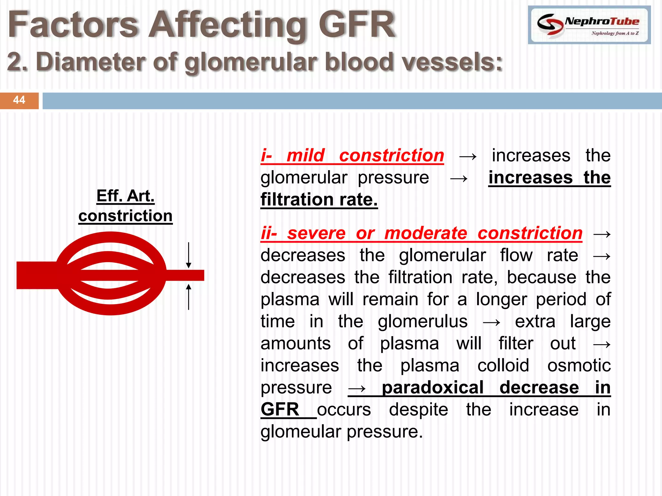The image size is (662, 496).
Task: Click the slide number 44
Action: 19,100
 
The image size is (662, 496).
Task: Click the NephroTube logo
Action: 589,25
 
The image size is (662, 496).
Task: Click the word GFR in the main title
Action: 357,25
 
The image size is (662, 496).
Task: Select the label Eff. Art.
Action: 125,196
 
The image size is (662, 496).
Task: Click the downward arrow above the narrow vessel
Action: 188,255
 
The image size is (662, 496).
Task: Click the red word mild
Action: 305,155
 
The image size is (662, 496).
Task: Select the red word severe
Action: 316,233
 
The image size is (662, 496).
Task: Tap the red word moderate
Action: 426,233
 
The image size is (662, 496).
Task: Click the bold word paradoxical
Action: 432,387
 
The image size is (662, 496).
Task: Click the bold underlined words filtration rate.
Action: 319,199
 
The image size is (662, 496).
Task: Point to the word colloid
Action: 503,365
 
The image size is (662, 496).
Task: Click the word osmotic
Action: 579,365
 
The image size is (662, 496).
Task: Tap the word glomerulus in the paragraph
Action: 422,321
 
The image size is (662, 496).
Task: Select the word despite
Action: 418,409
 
